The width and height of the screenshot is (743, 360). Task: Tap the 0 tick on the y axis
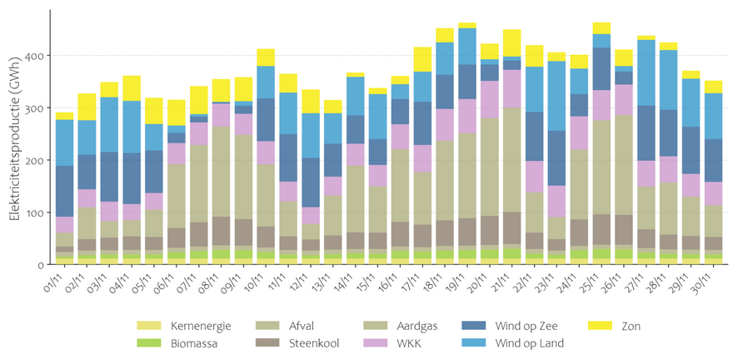click(x=42, y=265)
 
